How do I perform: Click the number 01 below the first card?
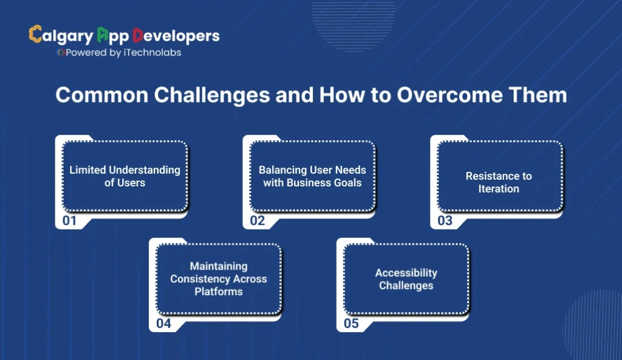(x=70, y=221)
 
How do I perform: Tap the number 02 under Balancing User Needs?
(x=258, y=221)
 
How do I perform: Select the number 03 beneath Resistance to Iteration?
(x=445, y=221)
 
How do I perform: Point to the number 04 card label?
(x=163, y=324)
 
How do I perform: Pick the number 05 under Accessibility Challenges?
(x=351, y=324)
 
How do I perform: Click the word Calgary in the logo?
(x=61, y=36)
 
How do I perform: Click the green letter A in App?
(x=103, y=35)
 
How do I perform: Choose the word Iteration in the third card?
(x=499, y=189)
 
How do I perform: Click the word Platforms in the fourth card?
(x=219, y=291)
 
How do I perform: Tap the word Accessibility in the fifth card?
(x=406, y=273)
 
